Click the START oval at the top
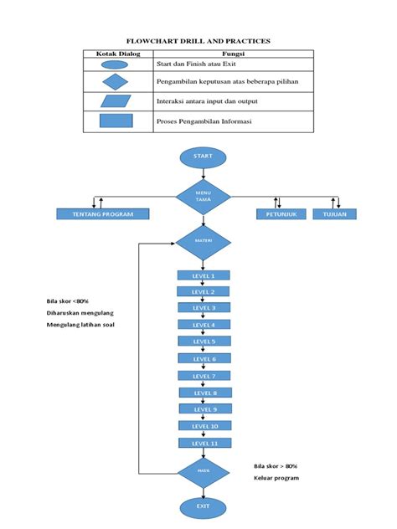tap(203, 156)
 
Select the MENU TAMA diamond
tap(203, 198)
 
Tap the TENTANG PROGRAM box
tap(102, 213)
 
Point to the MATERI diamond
tap(203, 241)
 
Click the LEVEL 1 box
tap(203, 275)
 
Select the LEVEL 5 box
tap(203, 342)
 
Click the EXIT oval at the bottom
tap(203, 506)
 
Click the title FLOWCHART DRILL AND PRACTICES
tap(198, 40)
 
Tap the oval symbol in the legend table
tap(116, 64)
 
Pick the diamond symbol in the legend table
tap(116, 82)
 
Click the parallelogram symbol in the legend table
tap(116, 101)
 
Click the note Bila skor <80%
tap(68, 301)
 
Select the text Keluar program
tap(276, 478)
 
